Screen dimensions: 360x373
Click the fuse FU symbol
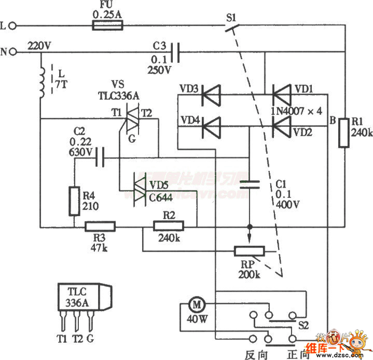tap(108, 25)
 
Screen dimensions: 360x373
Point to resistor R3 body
tap(100, 227)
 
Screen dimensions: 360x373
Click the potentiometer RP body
tap(249, 250)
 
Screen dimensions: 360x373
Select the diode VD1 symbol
tap(281, 96)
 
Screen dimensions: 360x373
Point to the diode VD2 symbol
tap(281, 127)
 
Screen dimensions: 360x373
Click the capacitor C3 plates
tap(179, 51)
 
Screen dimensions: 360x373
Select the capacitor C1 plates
tap(249, 185)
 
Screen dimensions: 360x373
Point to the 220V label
tap(39, 45)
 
